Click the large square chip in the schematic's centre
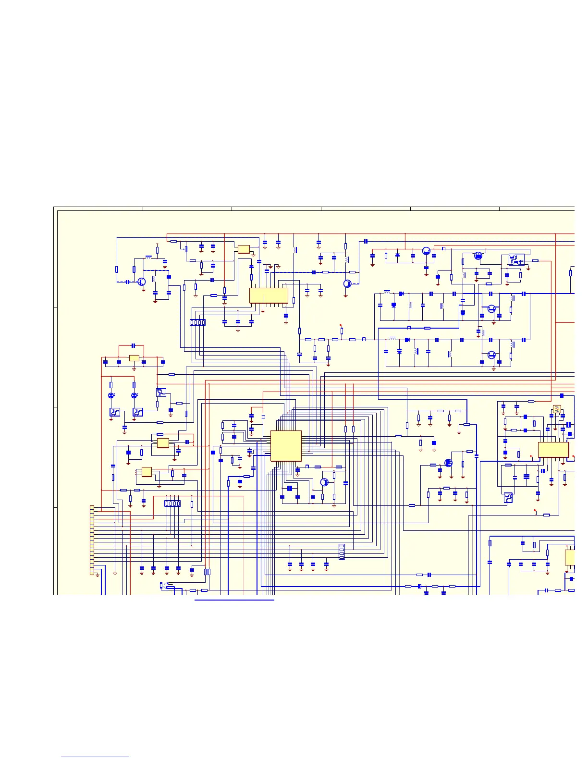pyautogui.click(x=286, y=446)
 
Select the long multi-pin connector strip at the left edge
pyautogui.click(x=92, y=540)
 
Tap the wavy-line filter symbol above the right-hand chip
pyautogui.click(x=557, y=409)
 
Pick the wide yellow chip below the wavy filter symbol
pyautogui.click(x=553, y=450)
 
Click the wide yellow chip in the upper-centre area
pyautogui.click(x=269, y=295)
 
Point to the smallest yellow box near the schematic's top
pyautogui.click(x=244, y=249)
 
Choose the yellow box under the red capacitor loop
pyautogui.click(x=134, y=358)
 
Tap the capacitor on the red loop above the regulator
pyautogui.click(x=134, y=345)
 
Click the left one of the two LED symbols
pyautogui.click(x=111, y=395)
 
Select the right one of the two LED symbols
pyautogui.click(x=134, y=395)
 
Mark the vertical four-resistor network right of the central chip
pyautogui.click(x=342, y=552)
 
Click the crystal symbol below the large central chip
pyautogui.click(x=290, y=488)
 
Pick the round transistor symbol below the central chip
pyautogui.click(x=324, y=482)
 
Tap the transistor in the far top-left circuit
pyautogui.click(x=141, y=282)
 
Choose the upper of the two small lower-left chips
pyautogui.click(x=163, y=442)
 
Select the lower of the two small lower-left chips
pyautogui.click(x=147, y=472)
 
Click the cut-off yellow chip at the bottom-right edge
pyautogui.click(x=570, y=557)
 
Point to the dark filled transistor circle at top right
pyautogui.click(x=478, y=256)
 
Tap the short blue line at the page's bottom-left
pyautogui.click(x=95, y=757)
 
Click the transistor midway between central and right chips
pyautogui.click(x=448, y=463)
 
